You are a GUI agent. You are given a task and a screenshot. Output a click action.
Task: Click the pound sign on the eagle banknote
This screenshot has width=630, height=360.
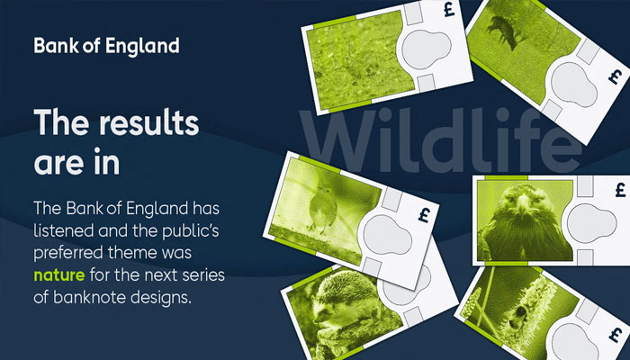pyautogui.click(x=618, y=189)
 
